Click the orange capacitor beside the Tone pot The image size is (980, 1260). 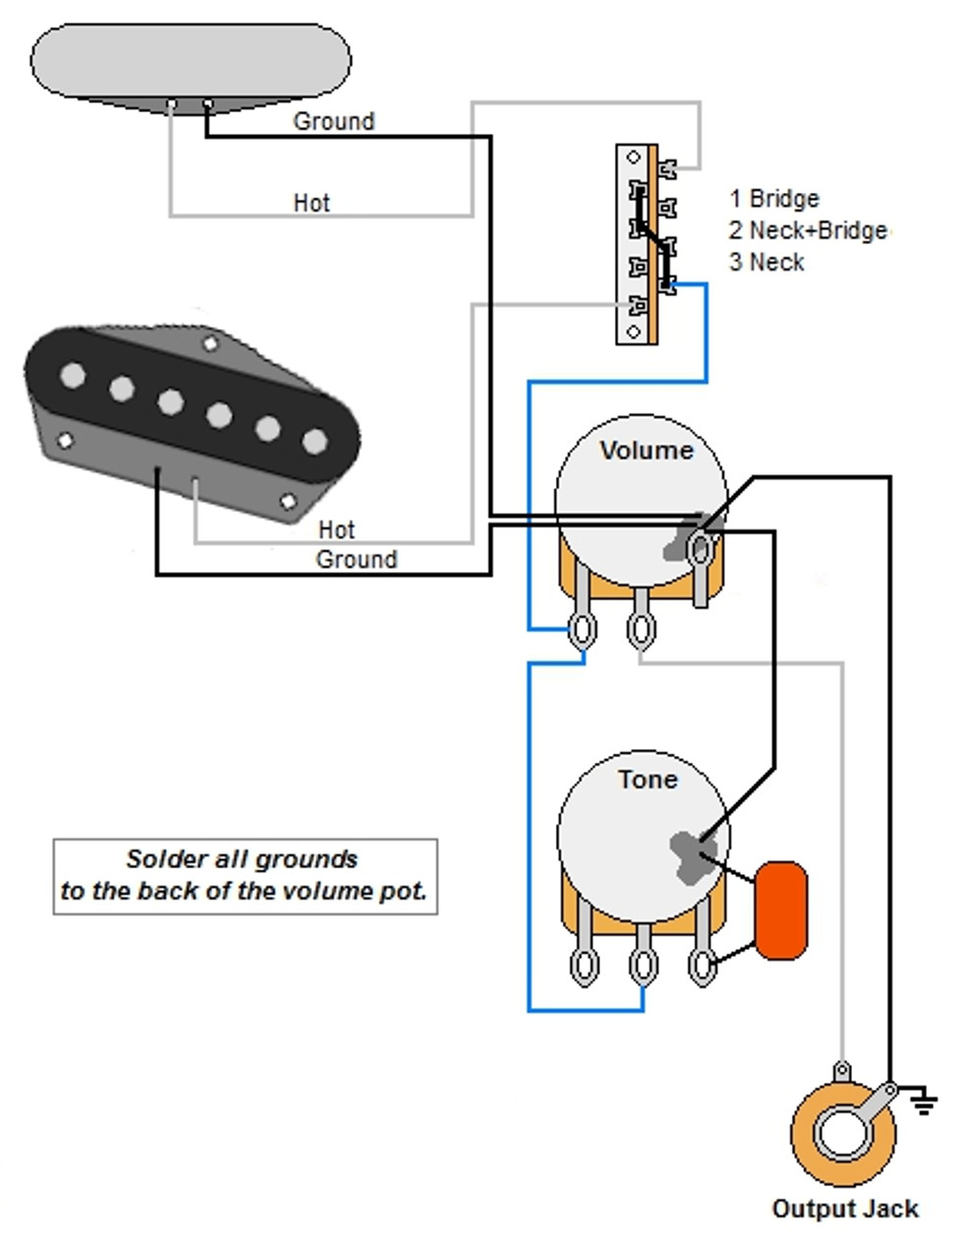click(x=780, y=910)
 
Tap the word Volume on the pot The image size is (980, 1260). click(x=646, y=451)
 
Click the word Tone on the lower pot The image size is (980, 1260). click(x=647, y=780)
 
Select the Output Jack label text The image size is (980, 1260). click(x=844, y=1209)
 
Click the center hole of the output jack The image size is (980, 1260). click(x=843, y=1133)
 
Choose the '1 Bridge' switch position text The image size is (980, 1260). click(x=774, y=199)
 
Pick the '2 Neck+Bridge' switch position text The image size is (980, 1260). click(x=808, y=230)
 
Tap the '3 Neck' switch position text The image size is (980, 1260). click(x=766, y=263)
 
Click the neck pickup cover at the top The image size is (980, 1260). click(x=191, y=61)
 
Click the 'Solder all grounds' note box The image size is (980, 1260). click(x=244, y=876)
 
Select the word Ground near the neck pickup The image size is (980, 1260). click(x=334, y=122)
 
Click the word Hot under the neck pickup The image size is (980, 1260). click(x=311, y=203)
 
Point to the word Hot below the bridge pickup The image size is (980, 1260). click(x=336, y=530)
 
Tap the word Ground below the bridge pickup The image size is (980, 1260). click(x=356, y=560)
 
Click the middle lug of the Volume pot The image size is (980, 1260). click(x=642, y=627)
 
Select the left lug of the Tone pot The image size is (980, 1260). click(x=583, y=966)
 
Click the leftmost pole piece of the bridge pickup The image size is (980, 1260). click(x=73, y=375)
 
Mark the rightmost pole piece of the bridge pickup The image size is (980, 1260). click(x=314, y=441)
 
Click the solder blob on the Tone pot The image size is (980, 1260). click(x=689, y=851)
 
